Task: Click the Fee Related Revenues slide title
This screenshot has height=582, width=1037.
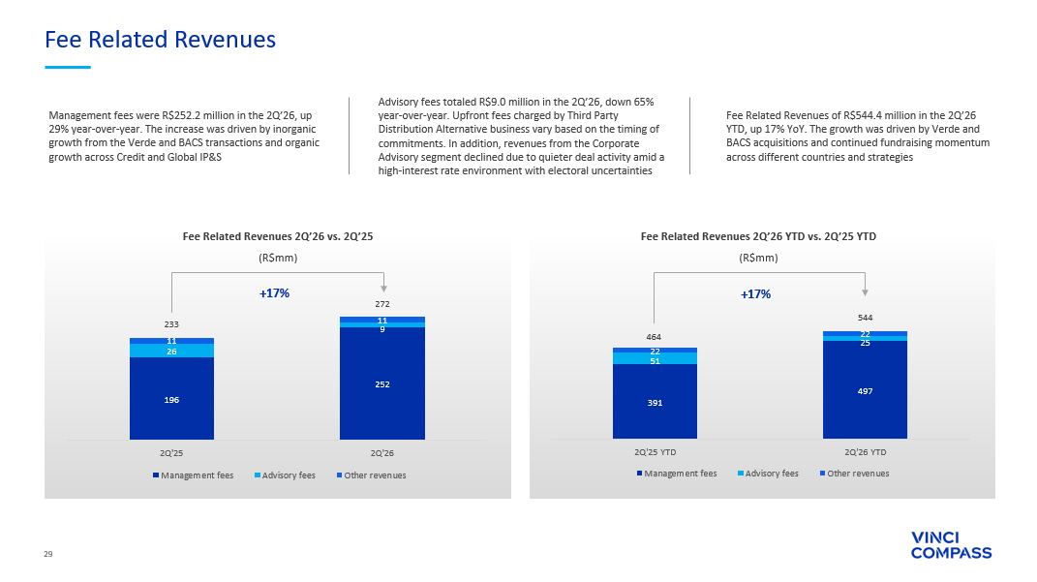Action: [x=160, y=40]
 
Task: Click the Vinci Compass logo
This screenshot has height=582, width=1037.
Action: [x=951, y=545]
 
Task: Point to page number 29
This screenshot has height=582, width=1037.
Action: [x=48, y=554]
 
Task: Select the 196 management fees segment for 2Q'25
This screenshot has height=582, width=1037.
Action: [x=171, y=398]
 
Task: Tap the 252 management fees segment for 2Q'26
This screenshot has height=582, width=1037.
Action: [x=382, y=383]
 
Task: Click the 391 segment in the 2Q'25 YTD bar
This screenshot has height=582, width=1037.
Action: [x=655, y=402]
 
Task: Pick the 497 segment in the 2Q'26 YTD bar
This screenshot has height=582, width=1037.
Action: [x=865, y=389]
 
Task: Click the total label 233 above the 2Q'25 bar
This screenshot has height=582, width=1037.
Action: [x=171, y=324]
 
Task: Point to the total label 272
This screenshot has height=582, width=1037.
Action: [x=382, y=304]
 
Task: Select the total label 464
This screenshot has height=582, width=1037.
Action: [x=655, y=337]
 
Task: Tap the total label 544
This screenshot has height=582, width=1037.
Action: [x=865, y=319]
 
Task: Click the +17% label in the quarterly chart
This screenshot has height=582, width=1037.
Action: [x=274, y=293]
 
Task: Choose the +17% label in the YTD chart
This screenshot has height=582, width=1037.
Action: [x=756, y=294]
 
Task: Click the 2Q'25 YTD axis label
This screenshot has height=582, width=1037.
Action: [x=655, y=452]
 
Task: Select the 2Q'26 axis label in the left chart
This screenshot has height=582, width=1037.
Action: [x=382, y=454]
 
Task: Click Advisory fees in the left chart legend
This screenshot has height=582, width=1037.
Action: [x=285, y=475]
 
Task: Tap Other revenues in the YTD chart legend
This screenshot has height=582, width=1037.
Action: [x=854, y=474]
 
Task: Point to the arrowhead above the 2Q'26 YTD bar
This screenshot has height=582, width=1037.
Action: [x=865, y=292]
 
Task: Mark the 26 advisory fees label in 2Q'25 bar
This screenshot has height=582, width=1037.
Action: [x=171, y=352]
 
